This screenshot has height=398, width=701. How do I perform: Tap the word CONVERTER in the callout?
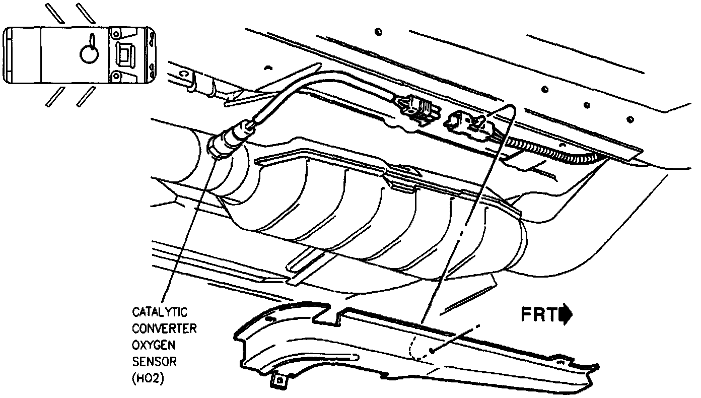pos(164,329)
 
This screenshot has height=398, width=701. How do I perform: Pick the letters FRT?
pos(538,314)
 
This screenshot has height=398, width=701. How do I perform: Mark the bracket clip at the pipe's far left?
pos(192,83)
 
